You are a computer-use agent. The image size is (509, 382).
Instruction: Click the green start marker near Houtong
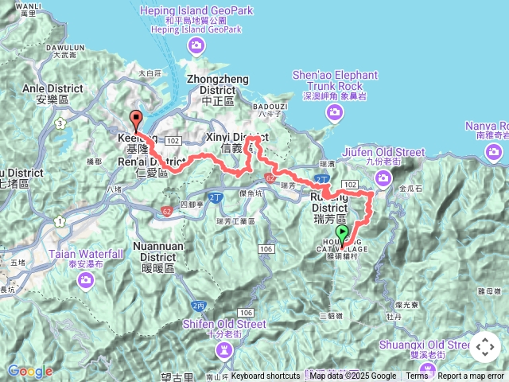click(343, 233)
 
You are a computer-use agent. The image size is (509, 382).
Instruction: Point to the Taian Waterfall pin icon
click(87, 280)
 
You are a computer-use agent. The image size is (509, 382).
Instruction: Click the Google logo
click(30, 372)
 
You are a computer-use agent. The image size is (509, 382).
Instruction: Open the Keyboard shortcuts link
click(266, 376)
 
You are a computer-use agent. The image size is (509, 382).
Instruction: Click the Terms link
click(417, 376)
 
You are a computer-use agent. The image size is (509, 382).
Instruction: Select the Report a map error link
click(471, 376)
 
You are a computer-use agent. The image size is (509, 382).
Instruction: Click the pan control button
click(485, 347)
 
